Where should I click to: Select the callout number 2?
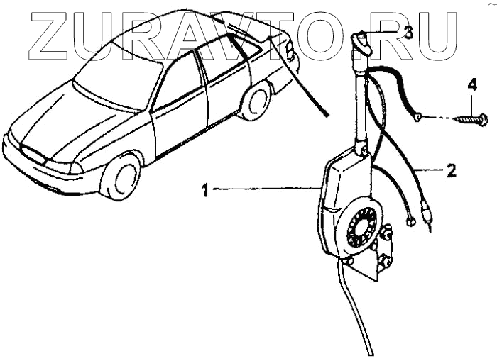451,170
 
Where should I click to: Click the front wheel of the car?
120,177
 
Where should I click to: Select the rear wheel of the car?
256,100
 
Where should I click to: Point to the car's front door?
178,106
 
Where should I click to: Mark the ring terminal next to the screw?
420,117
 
